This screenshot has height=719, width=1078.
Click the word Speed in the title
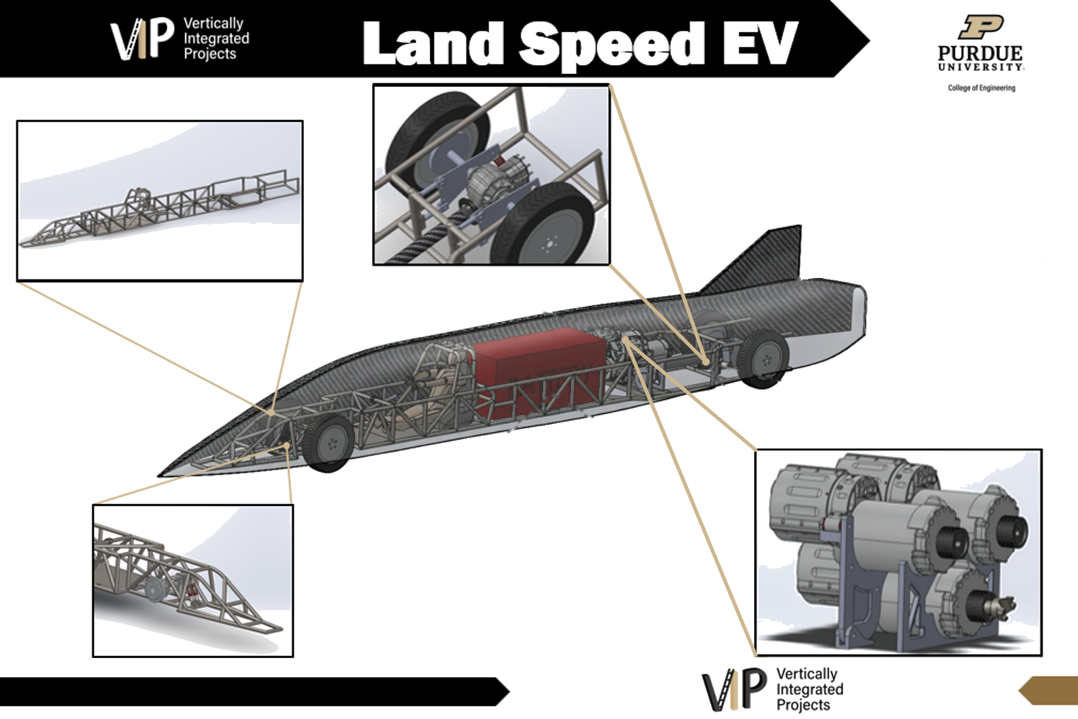pyautogui.click(x=611, y=46)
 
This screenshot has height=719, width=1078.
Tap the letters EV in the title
pyautogui.click(x=760, y=43)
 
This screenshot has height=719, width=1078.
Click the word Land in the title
pyautogui.click(x=433, y=43)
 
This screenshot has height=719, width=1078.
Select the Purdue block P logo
pyautogui.click(x=981, y=27)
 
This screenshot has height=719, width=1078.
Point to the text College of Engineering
pyautogui.click(x=981, y=88)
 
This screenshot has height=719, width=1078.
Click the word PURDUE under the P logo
pyautogui.click(x=980, y=53)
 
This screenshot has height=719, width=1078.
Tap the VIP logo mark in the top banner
pyautogui.click(x=142, y=38)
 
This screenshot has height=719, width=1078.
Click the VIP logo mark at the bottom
pyautogui.click(x=734, y=689)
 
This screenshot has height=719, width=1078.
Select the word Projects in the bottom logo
pyautogui.click(x=804, y=705)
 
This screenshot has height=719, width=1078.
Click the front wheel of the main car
pyautogui.click(x=329, y=444)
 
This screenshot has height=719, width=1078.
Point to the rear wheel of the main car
pyautogui.click(x=762, y=359)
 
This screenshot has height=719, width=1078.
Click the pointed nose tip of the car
pyautogui.click(x=160, y=475)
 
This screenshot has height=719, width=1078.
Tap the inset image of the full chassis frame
pyautogui.click(x=159, y=201)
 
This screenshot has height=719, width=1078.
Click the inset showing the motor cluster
pyautogui.click(x=899, y=553)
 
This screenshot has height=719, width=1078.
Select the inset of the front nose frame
pyautogui.click(x=193, y=580)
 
